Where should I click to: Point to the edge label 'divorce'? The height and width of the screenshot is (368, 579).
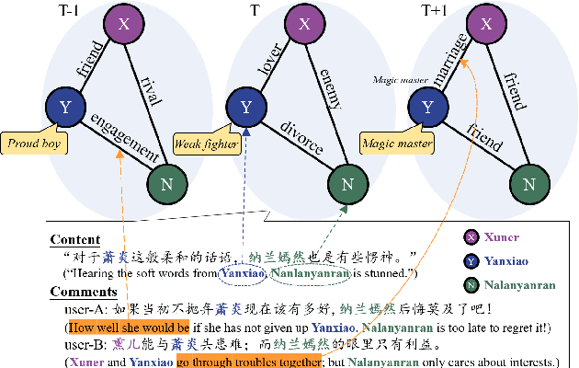(302, 137)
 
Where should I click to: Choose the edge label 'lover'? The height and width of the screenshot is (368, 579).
(270, 60)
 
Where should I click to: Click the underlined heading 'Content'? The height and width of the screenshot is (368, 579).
(75, 240)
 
